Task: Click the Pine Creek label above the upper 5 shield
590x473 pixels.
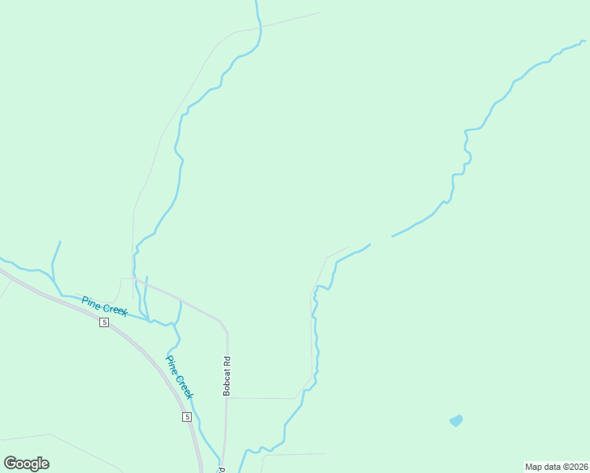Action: (104, 306)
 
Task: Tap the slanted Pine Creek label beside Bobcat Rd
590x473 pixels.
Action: (179, 376)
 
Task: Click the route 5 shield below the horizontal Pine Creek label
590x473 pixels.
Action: (104, 323)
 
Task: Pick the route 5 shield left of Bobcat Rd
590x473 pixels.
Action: (187, 416)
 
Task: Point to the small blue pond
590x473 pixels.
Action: (456, 421)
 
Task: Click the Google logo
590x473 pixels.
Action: (26, 464)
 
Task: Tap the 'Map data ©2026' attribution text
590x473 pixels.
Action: (556, 467)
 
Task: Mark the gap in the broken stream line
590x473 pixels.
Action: (381, 239)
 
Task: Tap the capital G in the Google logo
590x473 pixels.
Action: (10, 463)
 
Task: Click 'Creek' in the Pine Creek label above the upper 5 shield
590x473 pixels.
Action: (115, 310)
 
